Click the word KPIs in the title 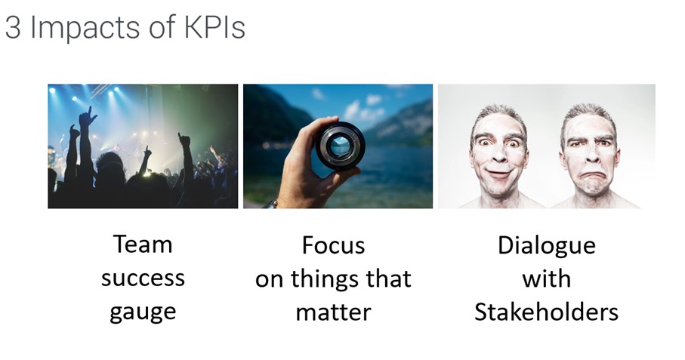coord(214,27)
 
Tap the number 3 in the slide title coord(13,27)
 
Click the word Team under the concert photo coord(143,245)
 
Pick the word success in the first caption coord(143,278)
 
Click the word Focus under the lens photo coord(333,245)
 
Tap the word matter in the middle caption coord(333,312)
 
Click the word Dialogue coord(547,246)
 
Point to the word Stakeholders coord(547,312)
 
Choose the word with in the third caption coord(547,278)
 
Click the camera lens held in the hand coord(341,146)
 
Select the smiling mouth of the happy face coord(499,174)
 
